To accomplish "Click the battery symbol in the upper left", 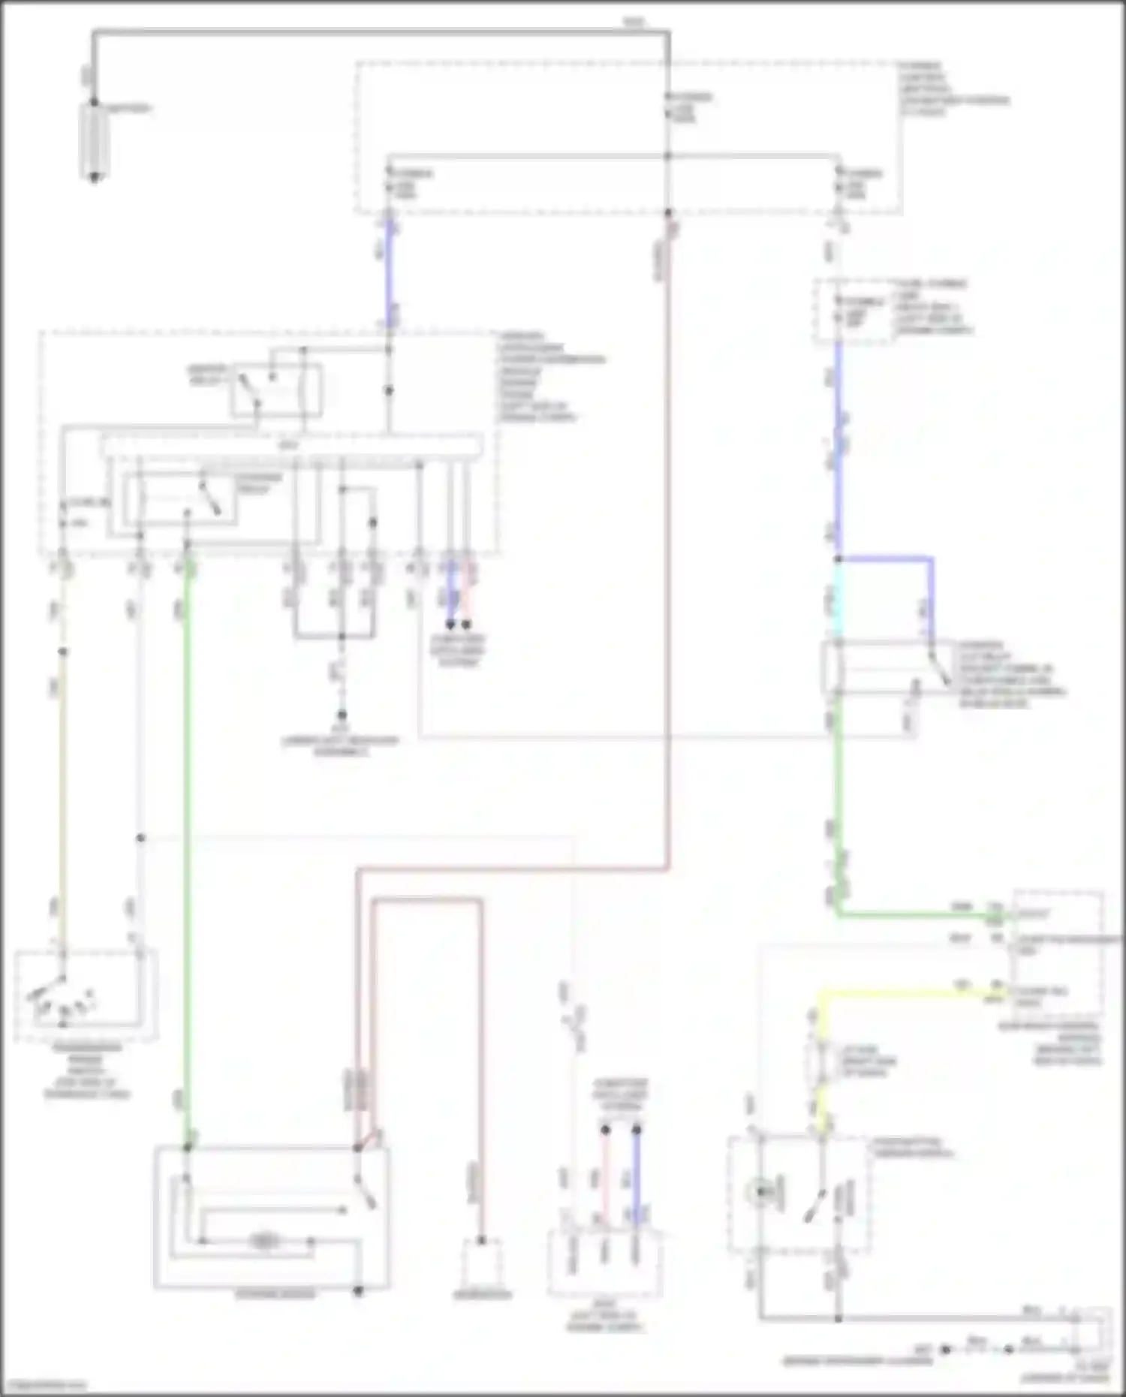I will pyautogui.click(x=95, y=141).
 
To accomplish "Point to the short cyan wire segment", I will pyautogui.click(x=838, y=601).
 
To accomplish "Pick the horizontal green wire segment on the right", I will pyautogui.click(x=916, y=914).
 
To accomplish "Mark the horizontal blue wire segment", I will pyautogui.click(x=886, y=559).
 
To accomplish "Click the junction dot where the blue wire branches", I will pyautogui.click(x=838, y=559).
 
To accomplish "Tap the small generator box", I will pyautogui.click(x=482, y=1263).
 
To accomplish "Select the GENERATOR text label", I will pyautogui.click(x=482, y=1295).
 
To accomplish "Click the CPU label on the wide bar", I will pyautogui.click(x=289, y=445).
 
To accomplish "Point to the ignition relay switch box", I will pyautogui.click(x=276, y=389).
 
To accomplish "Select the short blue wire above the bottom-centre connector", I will pyautogui.click(x=637, y=1171).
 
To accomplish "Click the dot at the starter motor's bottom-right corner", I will pyautogui.click(x=359, y=1291).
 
